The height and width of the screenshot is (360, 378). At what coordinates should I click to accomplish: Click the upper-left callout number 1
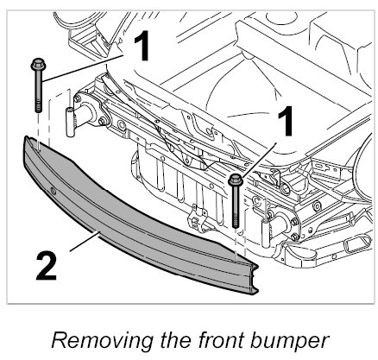tap(142, 46)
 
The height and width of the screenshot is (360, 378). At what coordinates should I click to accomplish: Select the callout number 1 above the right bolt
tap(285, 121)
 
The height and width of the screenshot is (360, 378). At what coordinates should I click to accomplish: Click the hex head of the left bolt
tap(38, 65)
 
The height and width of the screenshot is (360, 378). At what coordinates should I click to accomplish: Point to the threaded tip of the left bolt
tap(38, 107)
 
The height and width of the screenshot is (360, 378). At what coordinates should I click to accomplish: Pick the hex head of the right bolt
tap(236, 180)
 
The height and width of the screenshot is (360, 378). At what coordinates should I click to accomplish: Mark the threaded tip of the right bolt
tap(236, 223)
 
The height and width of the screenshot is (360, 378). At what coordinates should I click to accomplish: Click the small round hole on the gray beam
tap(53, 191)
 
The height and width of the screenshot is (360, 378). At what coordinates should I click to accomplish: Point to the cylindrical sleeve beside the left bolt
tap(69, 122)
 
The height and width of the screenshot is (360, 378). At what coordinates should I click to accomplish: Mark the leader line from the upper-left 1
tap(84, 67)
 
